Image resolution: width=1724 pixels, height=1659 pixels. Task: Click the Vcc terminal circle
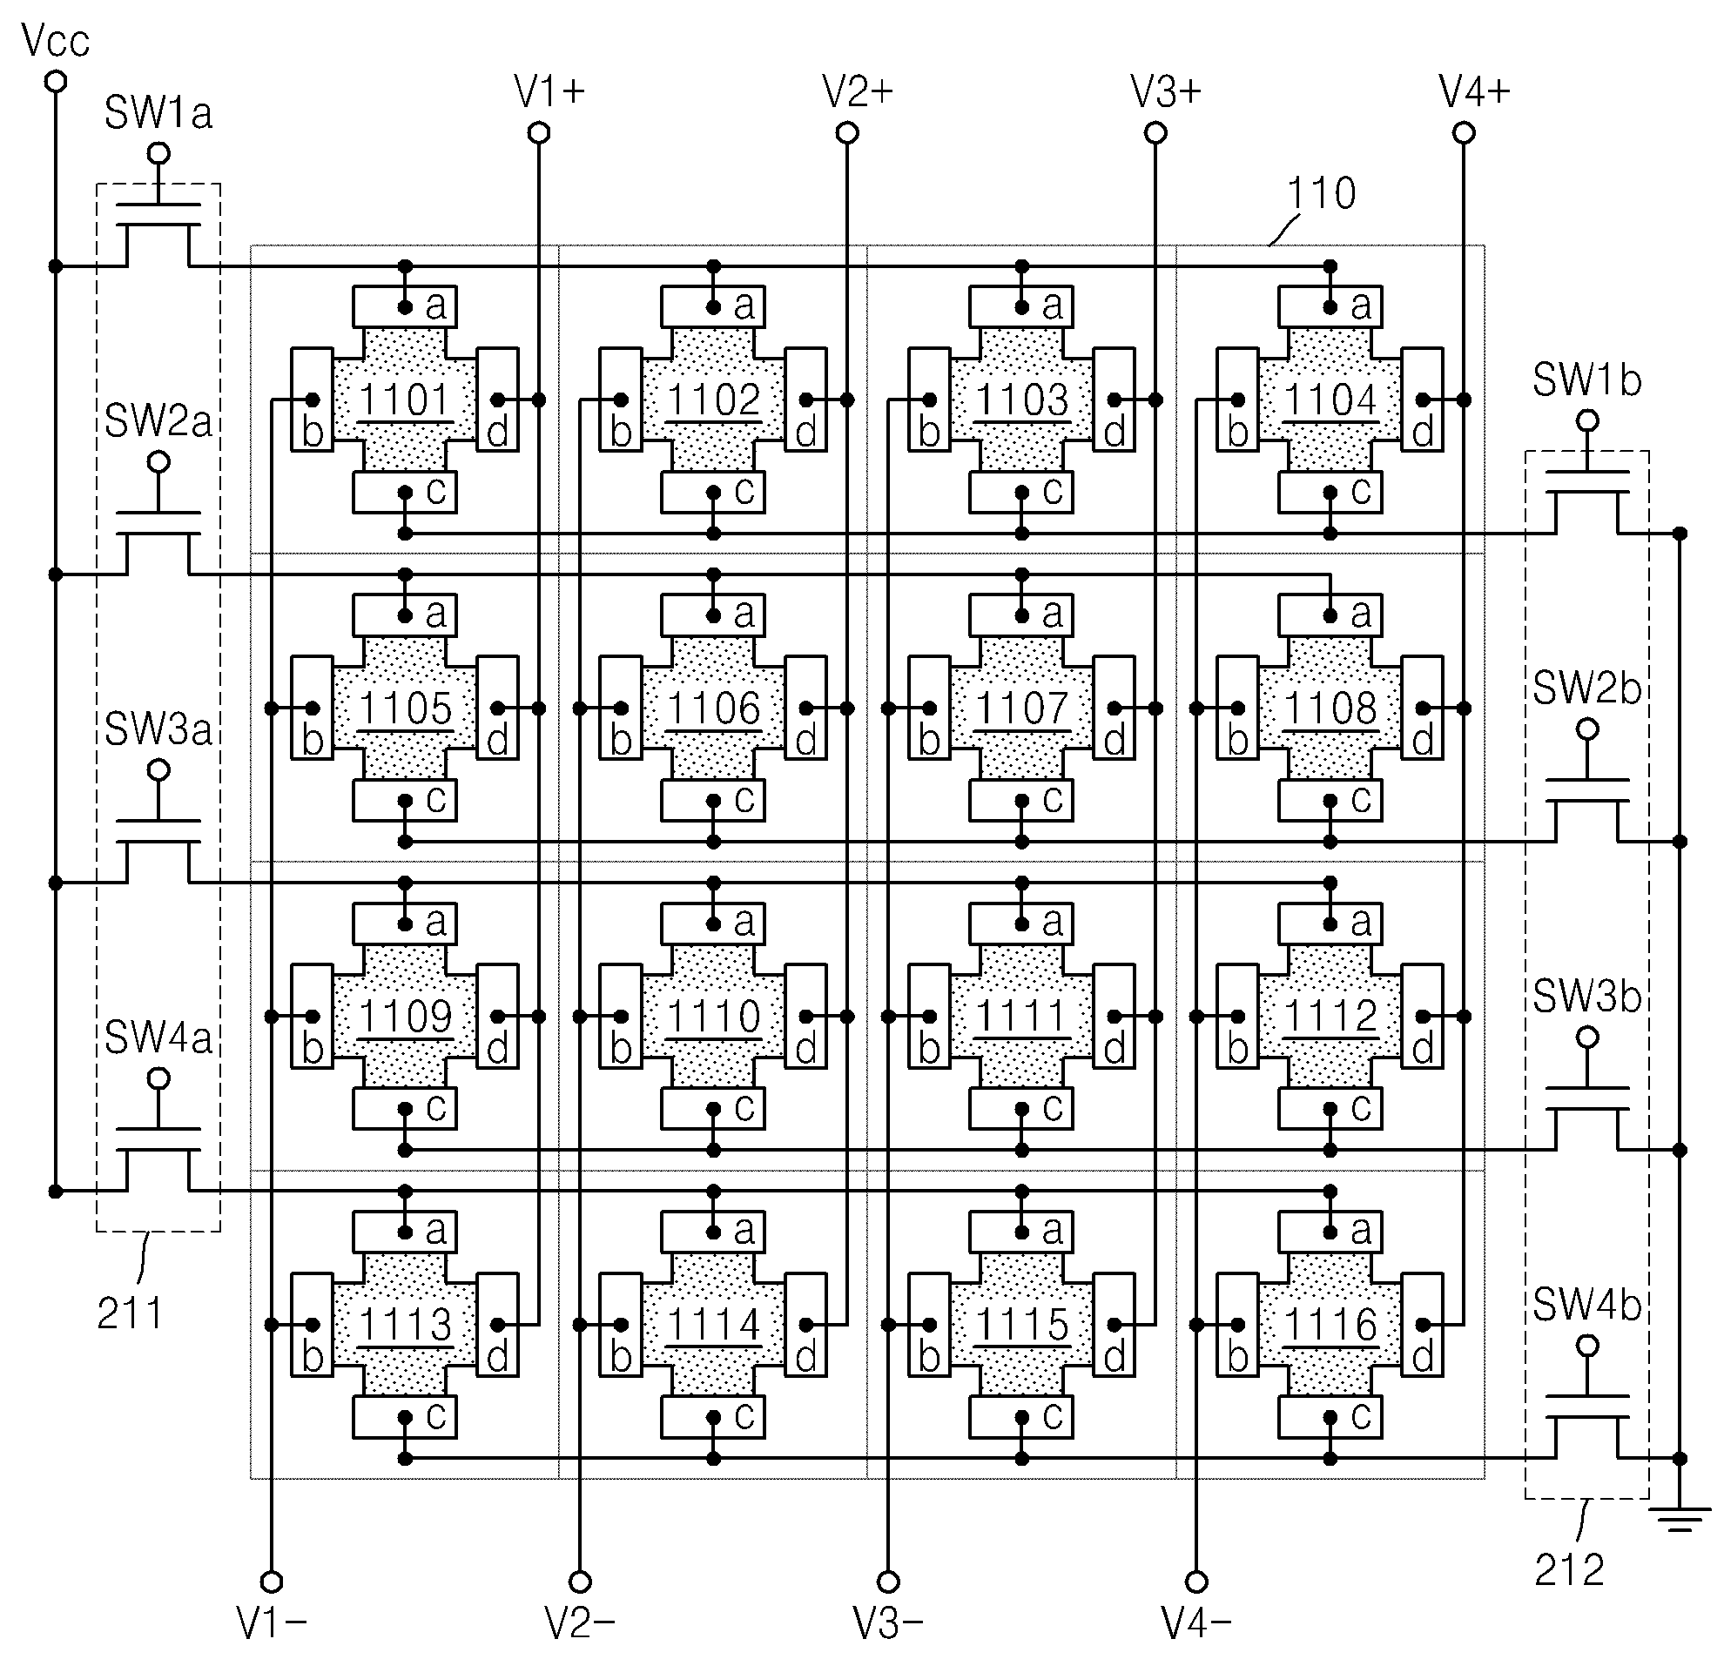[x=56, y=82]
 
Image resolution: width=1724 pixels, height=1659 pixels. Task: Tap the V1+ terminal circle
[x=539, y=133]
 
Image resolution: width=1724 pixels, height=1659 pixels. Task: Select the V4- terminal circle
[x=1196, y=1582]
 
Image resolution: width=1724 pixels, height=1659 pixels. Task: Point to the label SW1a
[x=158, y=113]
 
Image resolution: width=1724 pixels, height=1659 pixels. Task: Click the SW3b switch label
[x=1586, y=996]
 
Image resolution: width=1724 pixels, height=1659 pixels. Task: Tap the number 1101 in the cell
[x=405, y=400]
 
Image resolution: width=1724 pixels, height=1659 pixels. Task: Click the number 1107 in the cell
[x=1022, y=708]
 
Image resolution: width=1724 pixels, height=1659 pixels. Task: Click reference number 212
[x=1569, y=1569]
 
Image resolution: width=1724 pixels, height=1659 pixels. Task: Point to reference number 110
[x=1321, y=192]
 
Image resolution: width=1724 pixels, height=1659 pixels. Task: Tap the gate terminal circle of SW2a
[x=158, y=461]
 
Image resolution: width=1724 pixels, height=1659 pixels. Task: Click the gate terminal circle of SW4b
[x=1586, y=1345]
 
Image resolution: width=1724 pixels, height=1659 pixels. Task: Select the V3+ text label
[x=1166, y=91]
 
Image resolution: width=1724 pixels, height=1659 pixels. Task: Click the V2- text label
[x=580, y=1623]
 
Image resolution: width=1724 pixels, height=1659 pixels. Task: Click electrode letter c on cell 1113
[x=436, y=1414]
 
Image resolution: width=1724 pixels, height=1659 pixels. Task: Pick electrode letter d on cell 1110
[x=805, y=1047]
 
